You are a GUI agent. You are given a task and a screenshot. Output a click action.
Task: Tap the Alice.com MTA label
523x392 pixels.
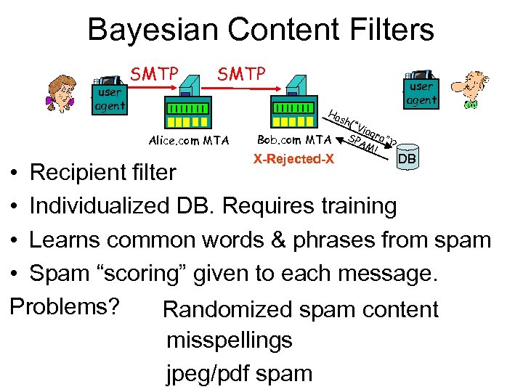(187, 140)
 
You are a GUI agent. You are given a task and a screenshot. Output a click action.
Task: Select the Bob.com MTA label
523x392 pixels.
(294, 140)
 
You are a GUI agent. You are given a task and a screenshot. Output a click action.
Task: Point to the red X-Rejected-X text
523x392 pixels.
(293, 159)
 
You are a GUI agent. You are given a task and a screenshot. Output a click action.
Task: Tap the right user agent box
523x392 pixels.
(422, 92)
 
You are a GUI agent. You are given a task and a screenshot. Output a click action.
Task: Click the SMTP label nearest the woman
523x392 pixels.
(154, 73)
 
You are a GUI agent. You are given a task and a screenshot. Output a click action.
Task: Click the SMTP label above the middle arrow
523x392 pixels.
(242, 73)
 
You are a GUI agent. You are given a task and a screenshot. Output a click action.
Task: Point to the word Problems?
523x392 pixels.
(65, 306)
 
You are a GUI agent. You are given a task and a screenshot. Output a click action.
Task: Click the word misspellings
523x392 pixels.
(229, 340)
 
